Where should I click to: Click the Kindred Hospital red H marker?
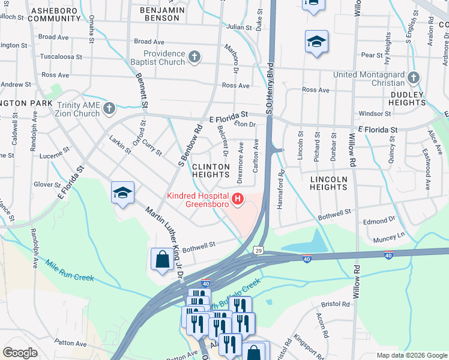238,199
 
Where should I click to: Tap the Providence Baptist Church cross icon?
194,57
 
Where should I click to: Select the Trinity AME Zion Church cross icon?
109,109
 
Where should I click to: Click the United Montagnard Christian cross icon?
413,78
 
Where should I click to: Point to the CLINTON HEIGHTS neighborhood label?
210,170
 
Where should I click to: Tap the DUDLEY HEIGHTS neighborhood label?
416,98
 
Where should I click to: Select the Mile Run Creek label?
70,271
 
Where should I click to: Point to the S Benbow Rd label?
189,147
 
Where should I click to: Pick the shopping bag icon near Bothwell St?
162,260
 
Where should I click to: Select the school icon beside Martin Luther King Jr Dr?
122,193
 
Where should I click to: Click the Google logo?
20,353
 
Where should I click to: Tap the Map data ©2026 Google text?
412,355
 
